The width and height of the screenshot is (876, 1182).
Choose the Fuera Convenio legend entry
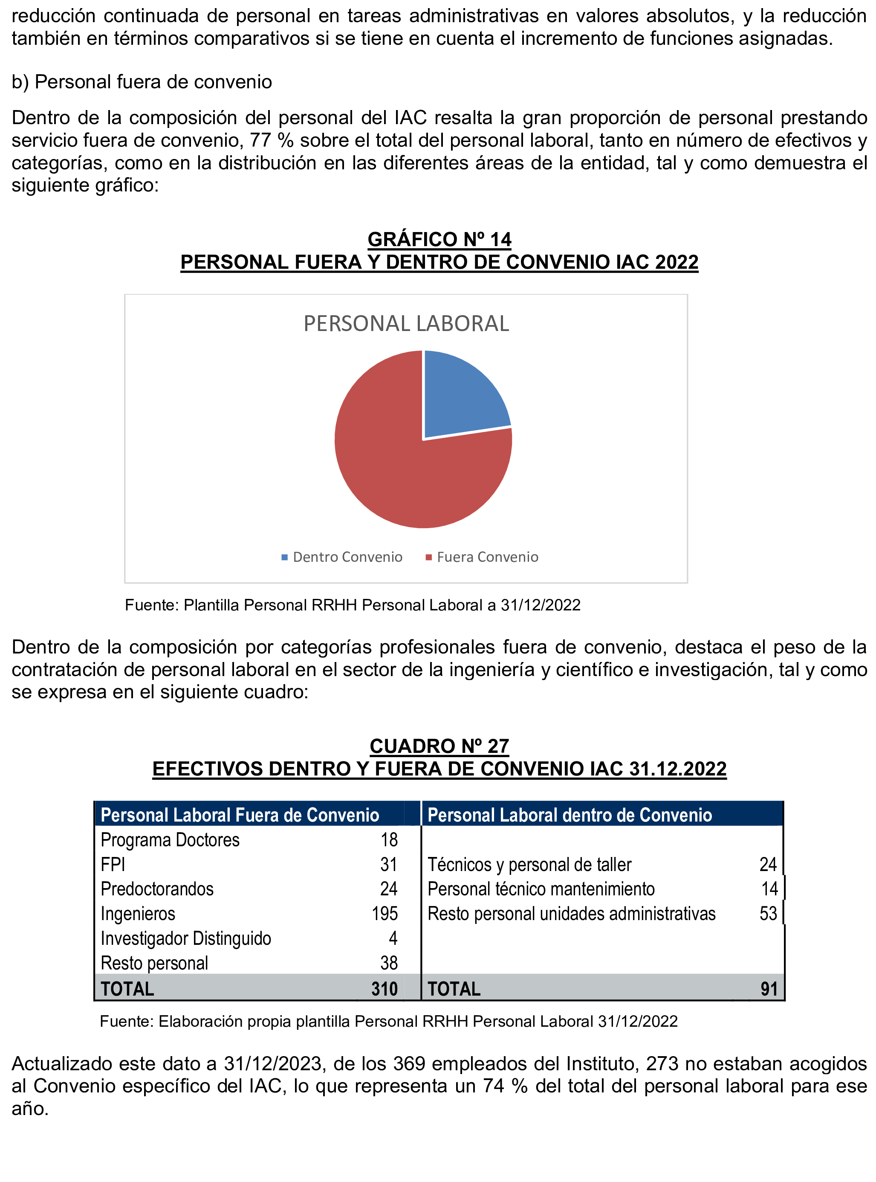[482, 557]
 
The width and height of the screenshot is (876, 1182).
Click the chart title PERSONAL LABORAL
[406, 324]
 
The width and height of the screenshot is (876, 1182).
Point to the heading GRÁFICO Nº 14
[439, 239]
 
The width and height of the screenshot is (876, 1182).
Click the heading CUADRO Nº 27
[439, 746]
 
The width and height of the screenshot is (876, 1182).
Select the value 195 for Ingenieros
[385, 914]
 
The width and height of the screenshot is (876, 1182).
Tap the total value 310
[385, 989]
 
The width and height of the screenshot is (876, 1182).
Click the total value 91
[769, 989]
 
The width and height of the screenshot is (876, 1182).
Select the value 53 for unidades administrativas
[768, 914]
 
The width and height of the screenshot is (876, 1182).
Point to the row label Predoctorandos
[157, 889]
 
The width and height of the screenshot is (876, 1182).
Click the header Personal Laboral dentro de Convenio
[570, 815]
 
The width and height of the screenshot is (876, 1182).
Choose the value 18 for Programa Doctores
[389, 840]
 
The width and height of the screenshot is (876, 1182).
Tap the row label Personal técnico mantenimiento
[541, 889]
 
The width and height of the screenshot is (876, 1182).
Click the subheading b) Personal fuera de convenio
[142, 82]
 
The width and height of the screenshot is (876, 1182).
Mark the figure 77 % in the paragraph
[272, 141]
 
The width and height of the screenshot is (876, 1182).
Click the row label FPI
[113, 864]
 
